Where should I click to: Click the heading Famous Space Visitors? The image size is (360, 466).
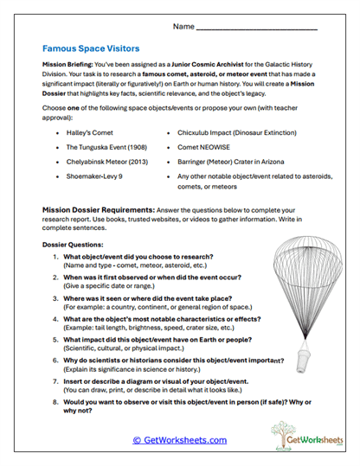point(91,49)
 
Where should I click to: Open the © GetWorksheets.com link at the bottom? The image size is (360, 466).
point(180,440)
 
